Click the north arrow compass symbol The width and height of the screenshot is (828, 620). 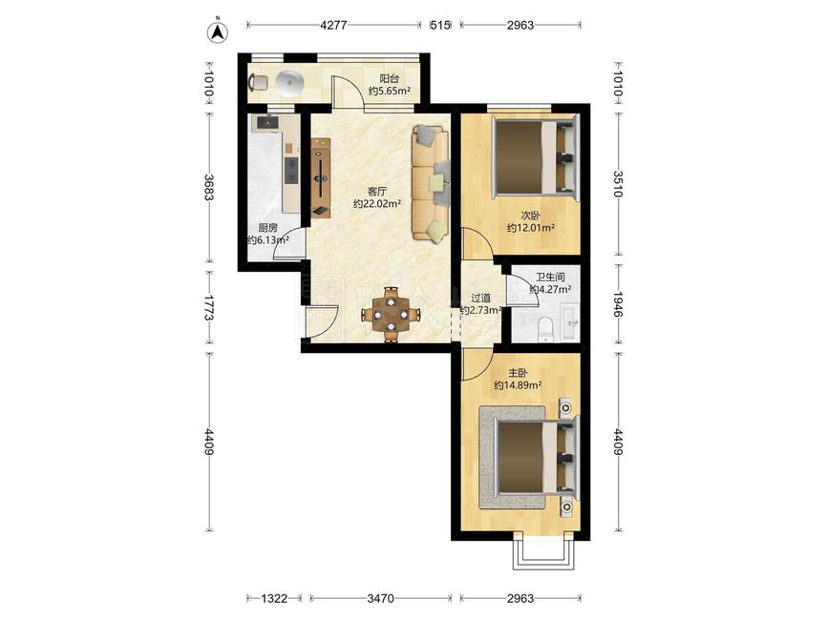pos(217,32)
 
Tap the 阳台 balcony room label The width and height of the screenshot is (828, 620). pos(390,79)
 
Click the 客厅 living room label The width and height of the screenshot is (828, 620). pos(377,192)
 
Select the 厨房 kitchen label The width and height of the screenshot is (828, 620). pos(267,228)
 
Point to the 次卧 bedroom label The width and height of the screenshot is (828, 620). pos(531,216)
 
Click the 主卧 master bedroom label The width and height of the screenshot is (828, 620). pos(518,373)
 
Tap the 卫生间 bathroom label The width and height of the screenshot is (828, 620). pos(551,278)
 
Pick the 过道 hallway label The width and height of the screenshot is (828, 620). pos(480,299)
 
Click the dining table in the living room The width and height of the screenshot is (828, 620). pos(391,315)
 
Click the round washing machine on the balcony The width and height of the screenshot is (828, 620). pos(290,84)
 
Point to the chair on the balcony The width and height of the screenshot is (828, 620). pos(258,82)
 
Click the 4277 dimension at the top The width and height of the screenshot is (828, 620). pos(333,25)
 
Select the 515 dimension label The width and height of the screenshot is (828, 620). pos(440,25)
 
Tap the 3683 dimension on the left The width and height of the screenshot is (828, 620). pos(208,188)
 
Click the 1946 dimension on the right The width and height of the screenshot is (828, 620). pos(618,304)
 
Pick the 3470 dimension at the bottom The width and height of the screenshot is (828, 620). pos(380,598)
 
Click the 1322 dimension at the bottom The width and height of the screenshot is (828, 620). pos(275,598)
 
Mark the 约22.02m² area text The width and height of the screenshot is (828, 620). pos(377,204)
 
